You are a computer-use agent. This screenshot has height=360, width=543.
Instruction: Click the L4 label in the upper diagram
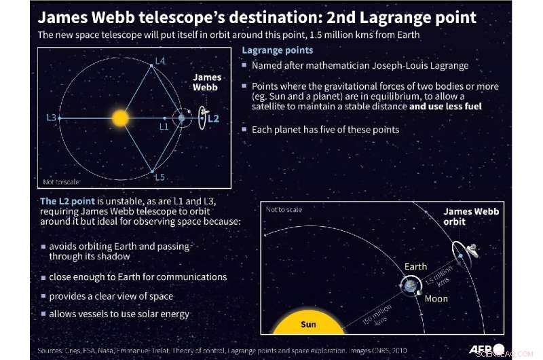click(x=160, y=61)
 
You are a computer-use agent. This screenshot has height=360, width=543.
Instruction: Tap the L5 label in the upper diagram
click(x=160, y=177)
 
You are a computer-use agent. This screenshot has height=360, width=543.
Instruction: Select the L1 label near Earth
click(x=163, y=126)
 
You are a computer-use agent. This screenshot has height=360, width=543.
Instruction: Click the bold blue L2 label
click(x=213, y=118)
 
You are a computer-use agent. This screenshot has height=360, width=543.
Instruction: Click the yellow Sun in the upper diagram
click(x=119, y=118)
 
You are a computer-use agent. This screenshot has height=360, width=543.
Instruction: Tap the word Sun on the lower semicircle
click(x=308, y=324)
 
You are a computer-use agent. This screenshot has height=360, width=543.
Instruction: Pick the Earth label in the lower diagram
click(x=415, y=267)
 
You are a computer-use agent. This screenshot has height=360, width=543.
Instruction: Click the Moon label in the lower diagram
click(x=436, y=298)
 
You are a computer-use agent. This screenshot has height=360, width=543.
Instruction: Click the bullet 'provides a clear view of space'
click(x=111, y=295)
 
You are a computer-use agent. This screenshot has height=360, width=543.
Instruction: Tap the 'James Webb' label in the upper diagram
click(x=206, y=83)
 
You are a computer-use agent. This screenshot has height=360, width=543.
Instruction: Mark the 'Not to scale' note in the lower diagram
click(x=284, y=209)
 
